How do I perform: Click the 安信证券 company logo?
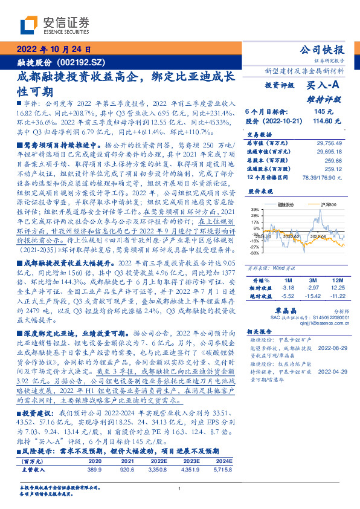pos(54,25)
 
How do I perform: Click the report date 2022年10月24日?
pos(54,50)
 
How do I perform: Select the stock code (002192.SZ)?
pos(83,62)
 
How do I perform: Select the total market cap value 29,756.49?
pos(329,143)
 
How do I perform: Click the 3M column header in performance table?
pos(312,281)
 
